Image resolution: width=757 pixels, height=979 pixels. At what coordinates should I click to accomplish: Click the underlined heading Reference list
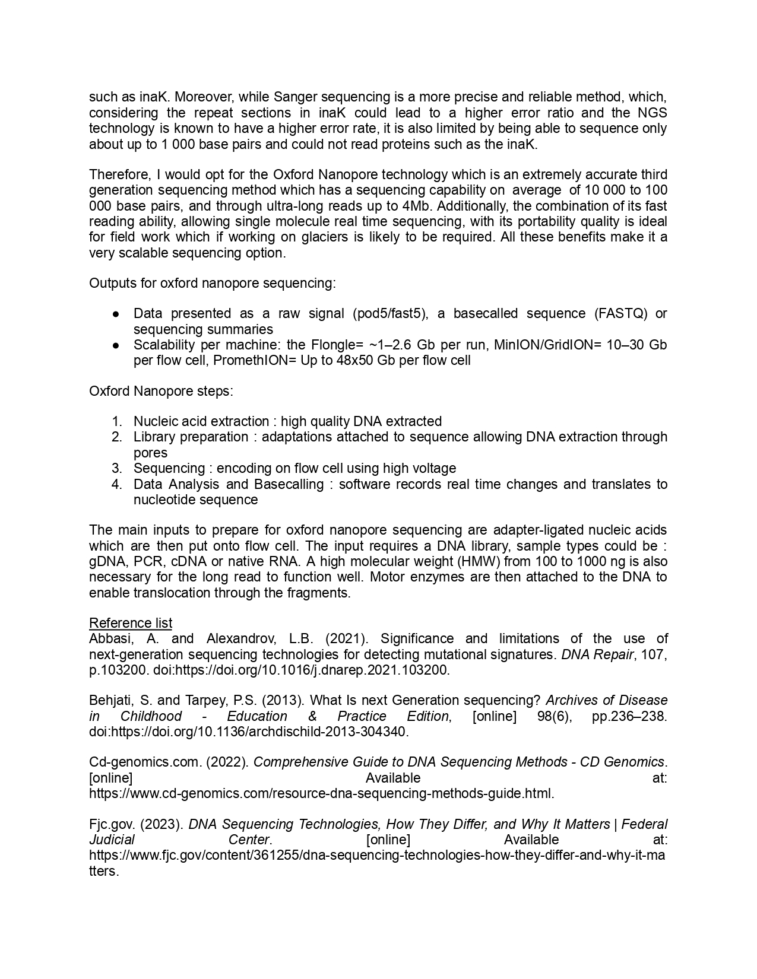click(x=131, y=623)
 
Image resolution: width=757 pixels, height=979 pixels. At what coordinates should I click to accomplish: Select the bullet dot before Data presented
click(x=116, y=314)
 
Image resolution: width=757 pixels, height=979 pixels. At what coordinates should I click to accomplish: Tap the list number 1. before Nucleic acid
click(x=116, y=421)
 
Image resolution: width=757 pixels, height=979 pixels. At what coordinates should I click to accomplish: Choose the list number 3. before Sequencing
click(x=116, y=468)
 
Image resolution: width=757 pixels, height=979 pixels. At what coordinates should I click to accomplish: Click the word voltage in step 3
click(x=433, y=468)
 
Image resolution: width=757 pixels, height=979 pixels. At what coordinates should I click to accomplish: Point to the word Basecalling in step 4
click(x=289, y=484)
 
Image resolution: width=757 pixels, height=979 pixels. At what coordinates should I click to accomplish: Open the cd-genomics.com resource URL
click(x=321, y=793)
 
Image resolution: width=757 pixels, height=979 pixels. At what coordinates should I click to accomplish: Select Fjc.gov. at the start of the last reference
click(x=112, y=824)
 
